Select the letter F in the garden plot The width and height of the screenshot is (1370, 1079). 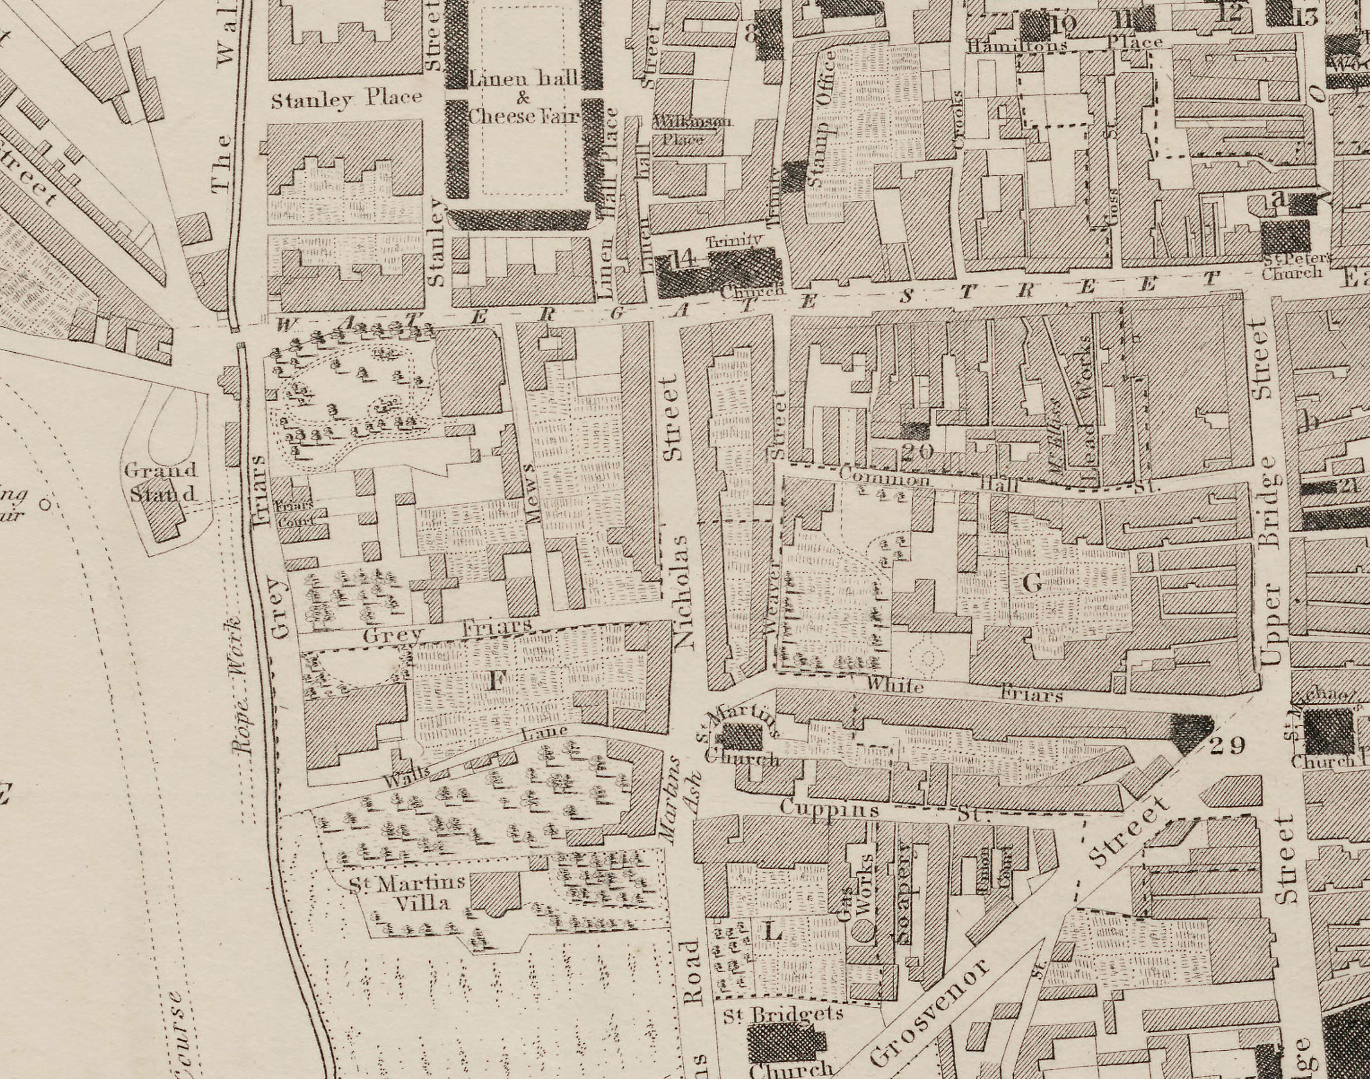[x=496, y=681]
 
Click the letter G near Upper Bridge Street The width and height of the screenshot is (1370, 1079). [x=1031, y=582]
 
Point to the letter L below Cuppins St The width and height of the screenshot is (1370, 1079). [x=772, y=931]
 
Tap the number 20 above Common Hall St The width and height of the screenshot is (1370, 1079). [x=917, y=452]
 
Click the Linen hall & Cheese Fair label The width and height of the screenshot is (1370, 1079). [x=523, y=98]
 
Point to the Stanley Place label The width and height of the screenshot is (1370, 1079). [x=346, y=99]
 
